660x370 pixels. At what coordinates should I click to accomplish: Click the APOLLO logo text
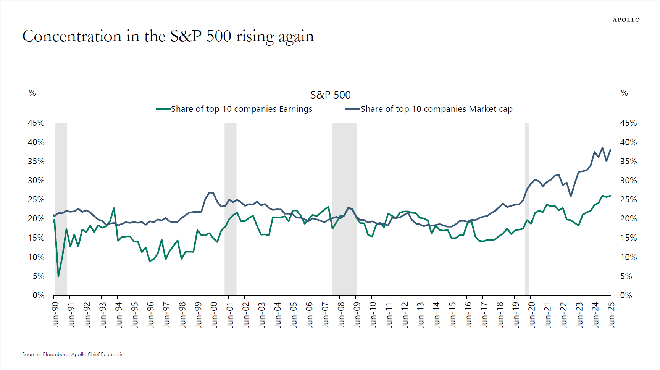point(626,20)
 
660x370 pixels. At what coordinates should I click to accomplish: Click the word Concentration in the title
point(72,36)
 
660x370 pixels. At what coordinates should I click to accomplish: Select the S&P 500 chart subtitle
point(330,95)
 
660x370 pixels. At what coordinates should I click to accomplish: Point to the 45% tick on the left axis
point(36,123)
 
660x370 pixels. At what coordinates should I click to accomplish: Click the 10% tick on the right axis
point(628,257)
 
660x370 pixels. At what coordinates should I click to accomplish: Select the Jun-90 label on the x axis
point(56,315)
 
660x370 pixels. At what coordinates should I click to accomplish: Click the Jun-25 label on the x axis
point(611,315)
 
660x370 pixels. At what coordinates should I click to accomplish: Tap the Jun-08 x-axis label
point(341,315)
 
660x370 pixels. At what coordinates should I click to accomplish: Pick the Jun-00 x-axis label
point(214,315)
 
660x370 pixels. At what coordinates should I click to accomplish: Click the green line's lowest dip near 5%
point(58,276)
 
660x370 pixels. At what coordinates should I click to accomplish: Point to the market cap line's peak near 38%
point(602,148)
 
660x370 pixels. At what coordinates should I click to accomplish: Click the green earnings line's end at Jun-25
point(610,196)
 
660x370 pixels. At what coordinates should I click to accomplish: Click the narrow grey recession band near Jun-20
point(527,208)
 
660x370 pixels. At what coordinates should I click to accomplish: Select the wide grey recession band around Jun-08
point(344,208)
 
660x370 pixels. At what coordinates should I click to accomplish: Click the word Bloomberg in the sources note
point(55,354)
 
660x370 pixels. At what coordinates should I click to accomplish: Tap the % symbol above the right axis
point(624,93)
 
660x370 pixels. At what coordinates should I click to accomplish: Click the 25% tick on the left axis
point(36,200)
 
